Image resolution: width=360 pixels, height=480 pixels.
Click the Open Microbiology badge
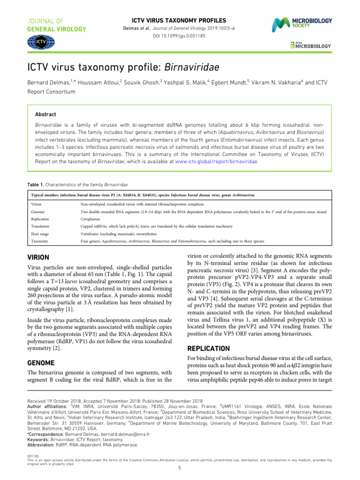click(x=310, y=45)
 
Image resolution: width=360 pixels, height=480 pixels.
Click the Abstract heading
click(x=46, y=114)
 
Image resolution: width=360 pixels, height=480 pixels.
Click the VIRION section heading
click(x=42, y=257)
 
